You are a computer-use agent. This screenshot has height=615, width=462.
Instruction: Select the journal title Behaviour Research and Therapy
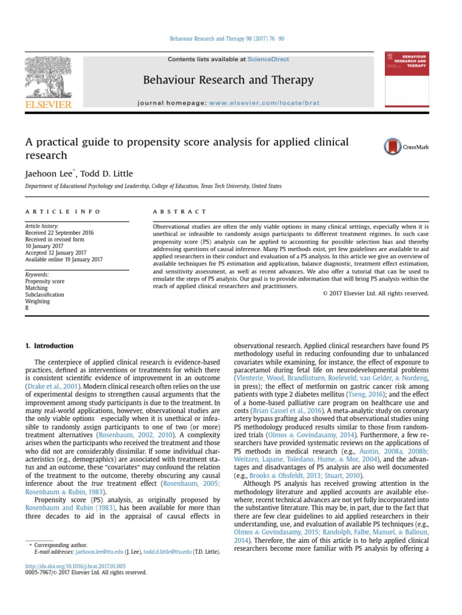tap(228, 80)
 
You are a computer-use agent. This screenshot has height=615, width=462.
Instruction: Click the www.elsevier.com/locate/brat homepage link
tap(265, 103)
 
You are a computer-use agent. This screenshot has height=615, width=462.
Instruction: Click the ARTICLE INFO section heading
tap(63, 212)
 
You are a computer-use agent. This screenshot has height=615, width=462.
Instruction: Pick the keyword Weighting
tap(37, 301)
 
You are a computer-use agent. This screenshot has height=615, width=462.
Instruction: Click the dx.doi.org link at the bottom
tap(75, 566)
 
